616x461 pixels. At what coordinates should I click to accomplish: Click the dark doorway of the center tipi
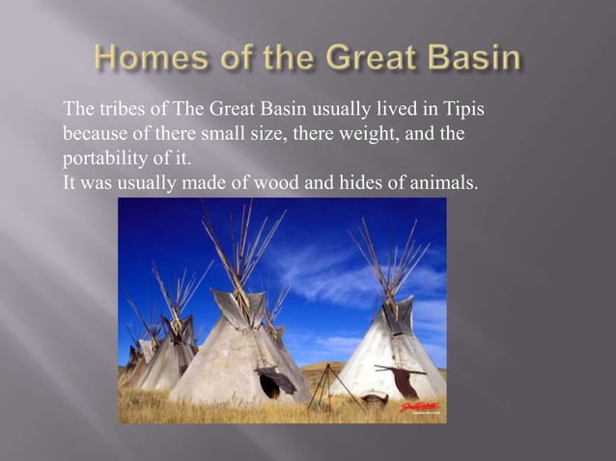(270, 386)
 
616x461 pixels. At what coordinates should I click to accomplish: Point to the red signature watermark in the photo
(414, 408)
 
